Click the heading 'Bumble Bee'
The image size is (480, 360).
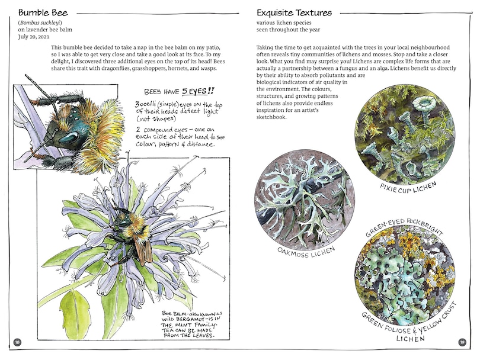[43, 12]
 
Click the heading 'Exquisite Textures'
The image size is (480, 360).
[294, 12]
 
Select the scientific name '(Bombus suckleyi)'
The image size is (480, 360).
[40, 22]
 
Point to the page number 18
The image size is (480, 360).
[17, 342]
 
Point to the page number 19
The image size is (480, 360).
[462, 342]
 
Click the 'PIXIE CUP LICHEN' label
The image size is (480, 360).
[407, 189]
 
